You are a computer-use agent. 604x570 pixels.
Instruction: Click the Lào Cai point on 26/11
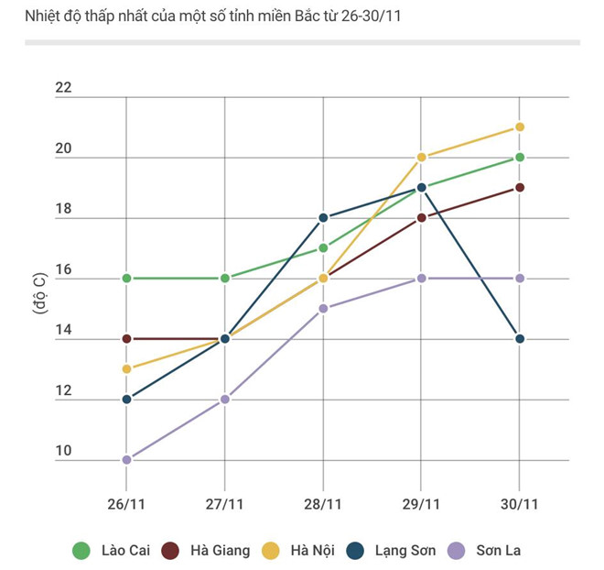click(x=127, y=278)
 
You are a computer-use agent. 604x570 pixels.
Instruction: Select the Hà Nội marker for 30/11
click(x=520, y=127)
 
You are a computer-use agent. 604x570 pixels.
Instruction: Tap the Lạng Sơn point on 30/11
click(x=520, y=339)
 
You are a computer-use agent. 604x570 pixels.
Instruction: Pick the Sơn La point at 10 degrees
click(x=127, y=460)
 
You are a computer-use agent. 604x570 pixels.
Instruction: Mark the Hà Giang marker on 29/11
click(x=422, y=218)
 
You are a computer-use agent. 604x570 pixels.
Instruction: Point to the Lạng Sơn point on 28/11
click(x=323, y=218)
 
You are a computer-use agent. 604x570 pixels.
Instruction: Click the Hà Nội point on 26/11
click(x=127, y=369)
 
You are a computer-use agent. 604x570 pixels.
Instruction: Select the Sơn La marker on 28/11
click(x=323, y=309)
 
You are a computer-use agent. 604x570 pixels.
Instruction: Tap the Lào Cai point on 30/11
click(x=520, y=158)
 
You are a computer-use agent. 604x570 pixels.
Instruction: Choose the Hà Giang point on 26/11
click(x=127, y=339)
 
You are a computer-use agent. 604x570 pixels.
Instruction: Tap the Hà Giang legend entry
click(x=206, y=551)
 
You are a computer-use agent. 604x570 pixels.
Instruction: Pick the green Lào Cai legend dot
click(x=81, y=551)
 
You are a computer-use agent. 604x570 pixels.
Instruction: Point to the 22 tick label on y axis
click(x=62, y=88)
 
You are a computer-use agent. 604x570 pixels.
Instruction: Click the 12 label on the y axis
click(x=62, y=390)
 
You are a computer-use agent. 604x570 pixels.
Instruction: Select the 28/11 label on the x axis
click(x=323, y=504)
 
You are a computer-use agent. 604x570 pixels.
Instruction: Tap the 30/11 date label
click(x=520, y=504)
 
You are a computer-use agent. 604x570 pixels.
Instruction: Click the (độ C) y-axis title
click(x=40, y=293)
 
